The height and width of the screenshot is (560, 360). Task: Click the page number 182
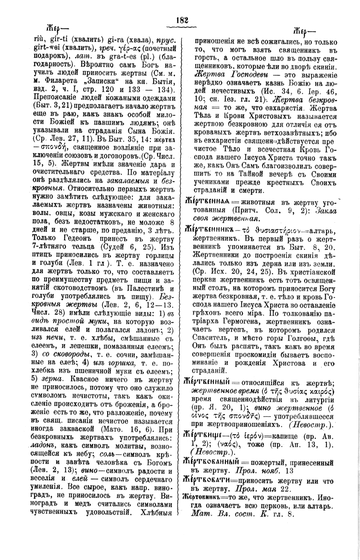click(182, 20)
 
